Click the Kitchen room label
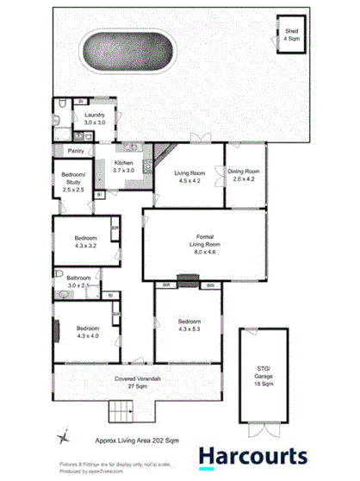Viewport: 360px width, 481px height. pos(123,166)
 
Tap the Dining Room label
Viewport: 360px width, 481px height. pos(245,176)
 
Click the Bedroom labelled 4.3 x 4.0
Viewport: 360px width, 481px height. pos(88,333)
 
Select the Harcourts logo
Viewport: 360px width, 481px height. pos(252,456)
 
